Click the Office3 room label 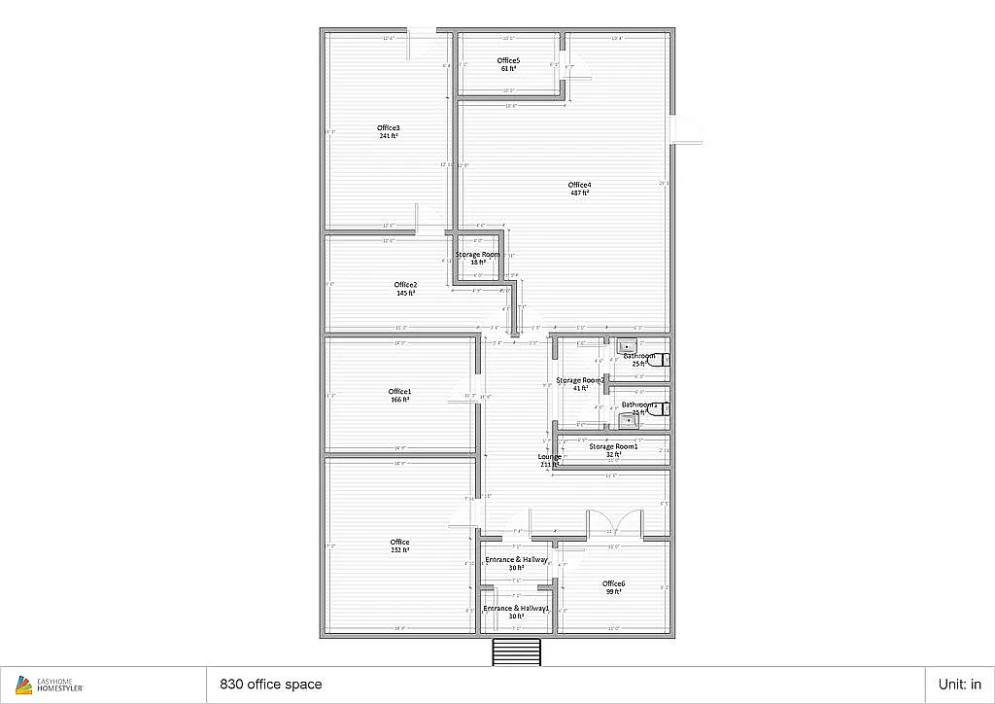[x=389, y=128]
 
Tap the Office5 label [x=508, y=60]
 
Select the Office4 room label [x=580, y=185]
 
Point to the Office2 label [x=405, y=284]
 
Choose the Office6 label [x=613, y=583]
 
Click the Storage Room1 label [x=613, y=446]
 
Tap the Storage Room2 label [x=580, y=380]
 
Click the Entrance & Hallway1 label [x=516, y=608]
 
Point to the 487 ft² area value [x=580, y=194]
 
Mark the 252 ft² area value [x=399, y=550]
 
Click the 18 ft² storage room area [x=477, y=263]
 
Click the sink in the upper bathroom [x=627, y=346]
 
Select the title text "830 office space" [x=271, y=685]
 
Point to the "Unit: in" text [x=958, y=685]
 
